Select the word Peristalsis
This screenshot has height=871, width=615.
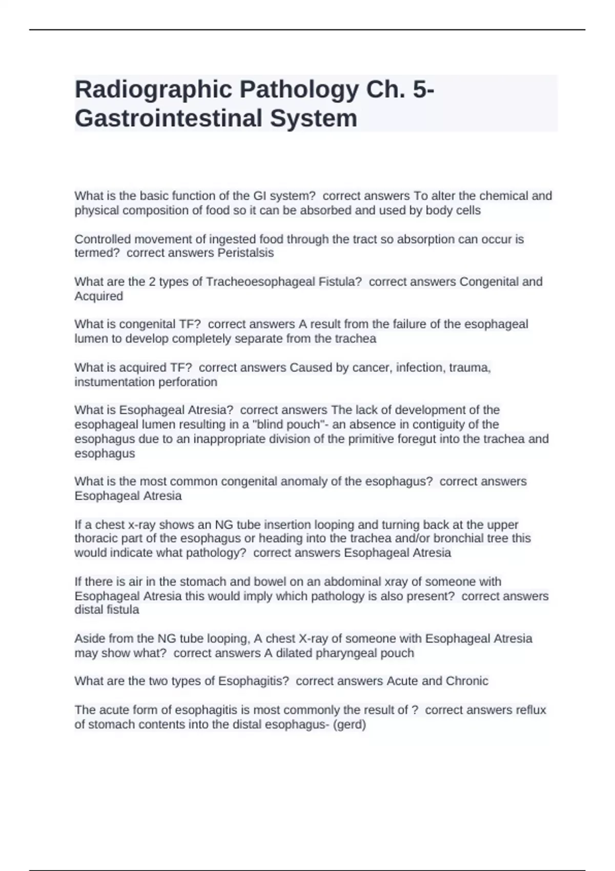[x=245, y=253]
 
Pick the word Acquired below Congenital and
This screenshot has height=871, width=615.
[x=98, y=296]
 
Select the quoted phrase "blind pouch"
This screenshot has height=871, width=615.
[x=290, y=425]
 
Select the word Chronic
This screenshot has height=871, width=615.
[x=467, y=681]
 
